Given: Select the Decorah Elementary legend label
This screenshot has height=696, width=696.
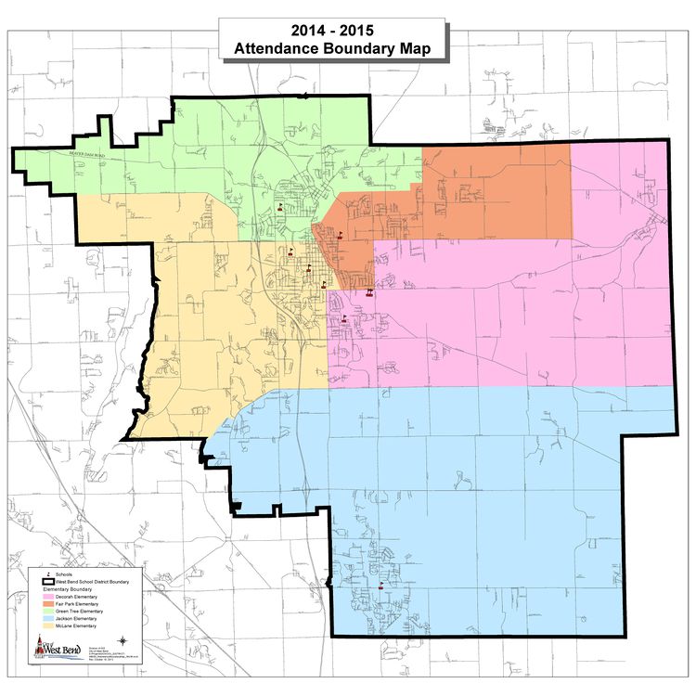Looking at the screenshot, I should pyautogui.click(x=78, y=598).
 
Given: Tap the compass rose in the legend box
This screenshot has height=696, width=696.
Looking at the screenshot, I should pyautogui.click(x=122, y=639).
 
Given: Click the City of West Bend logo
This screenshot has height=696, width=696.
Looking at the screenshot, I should pyautogui.click(x=56, y=650).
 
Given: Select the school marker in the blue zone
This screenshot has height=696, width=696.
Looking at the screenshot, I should pyautogui.click(x=381, y=586).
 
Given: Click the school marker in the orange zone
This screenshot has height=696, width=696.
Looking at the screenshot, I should pyautogui.click(x=338, y=236).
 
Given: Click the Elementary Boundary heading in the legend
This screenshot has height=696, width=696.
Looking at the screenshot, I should pyautogui.click(x=68, y=590).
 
